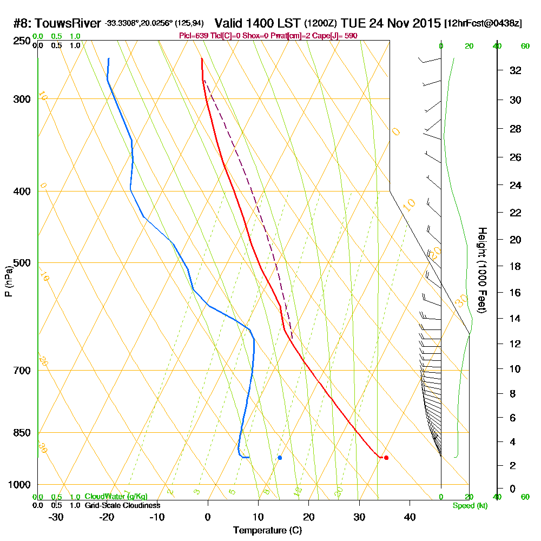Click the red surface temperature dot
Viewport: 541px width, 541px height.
[x=386, y=458]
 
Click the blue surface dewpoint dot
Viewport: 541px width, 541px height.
[x=280, y=458]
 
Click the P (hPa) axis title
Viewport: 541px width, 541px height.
[x=8, y=281]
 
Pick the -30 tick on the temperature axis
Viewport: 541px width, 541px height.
[x=56, y=517]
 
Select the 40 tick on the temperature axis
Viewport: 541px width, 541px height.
[x=410, y=517]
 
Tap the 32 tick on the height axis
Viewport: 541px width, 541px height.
[x=515, y=70]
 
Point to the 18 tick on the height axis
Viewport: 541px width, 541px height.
[x=515, y=266]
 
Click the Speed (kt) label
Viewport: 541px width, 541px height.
[x=470, y=506]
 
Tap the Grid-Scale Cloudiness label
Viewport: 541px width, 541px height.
[x=122, y=505]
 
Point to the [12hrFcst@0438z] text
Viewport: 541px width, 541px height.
[x=483, y=24]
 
